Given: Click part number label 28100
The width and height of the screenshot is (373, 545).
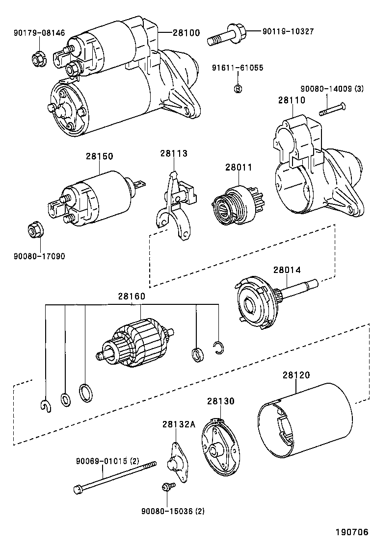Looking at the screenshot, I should point(186,33).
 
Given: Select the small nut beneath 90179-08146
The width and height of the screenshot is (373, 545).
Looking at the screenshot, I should point(38,58).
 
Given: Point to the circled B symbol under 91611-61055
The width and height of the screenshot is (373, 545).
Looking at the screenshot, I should point(238,89).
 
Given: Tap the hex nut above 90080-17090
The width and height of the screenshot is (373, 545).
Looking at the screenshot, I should point(35,229).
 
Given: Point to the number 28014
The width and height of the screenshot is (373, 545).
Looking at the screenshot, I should point(287,270).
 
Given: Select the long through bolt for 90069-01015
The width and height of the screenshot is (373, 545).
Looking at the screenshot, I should point(115,476).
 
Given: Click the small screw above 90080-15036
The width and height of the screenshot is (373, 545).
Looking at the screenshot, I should point(167,486).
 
